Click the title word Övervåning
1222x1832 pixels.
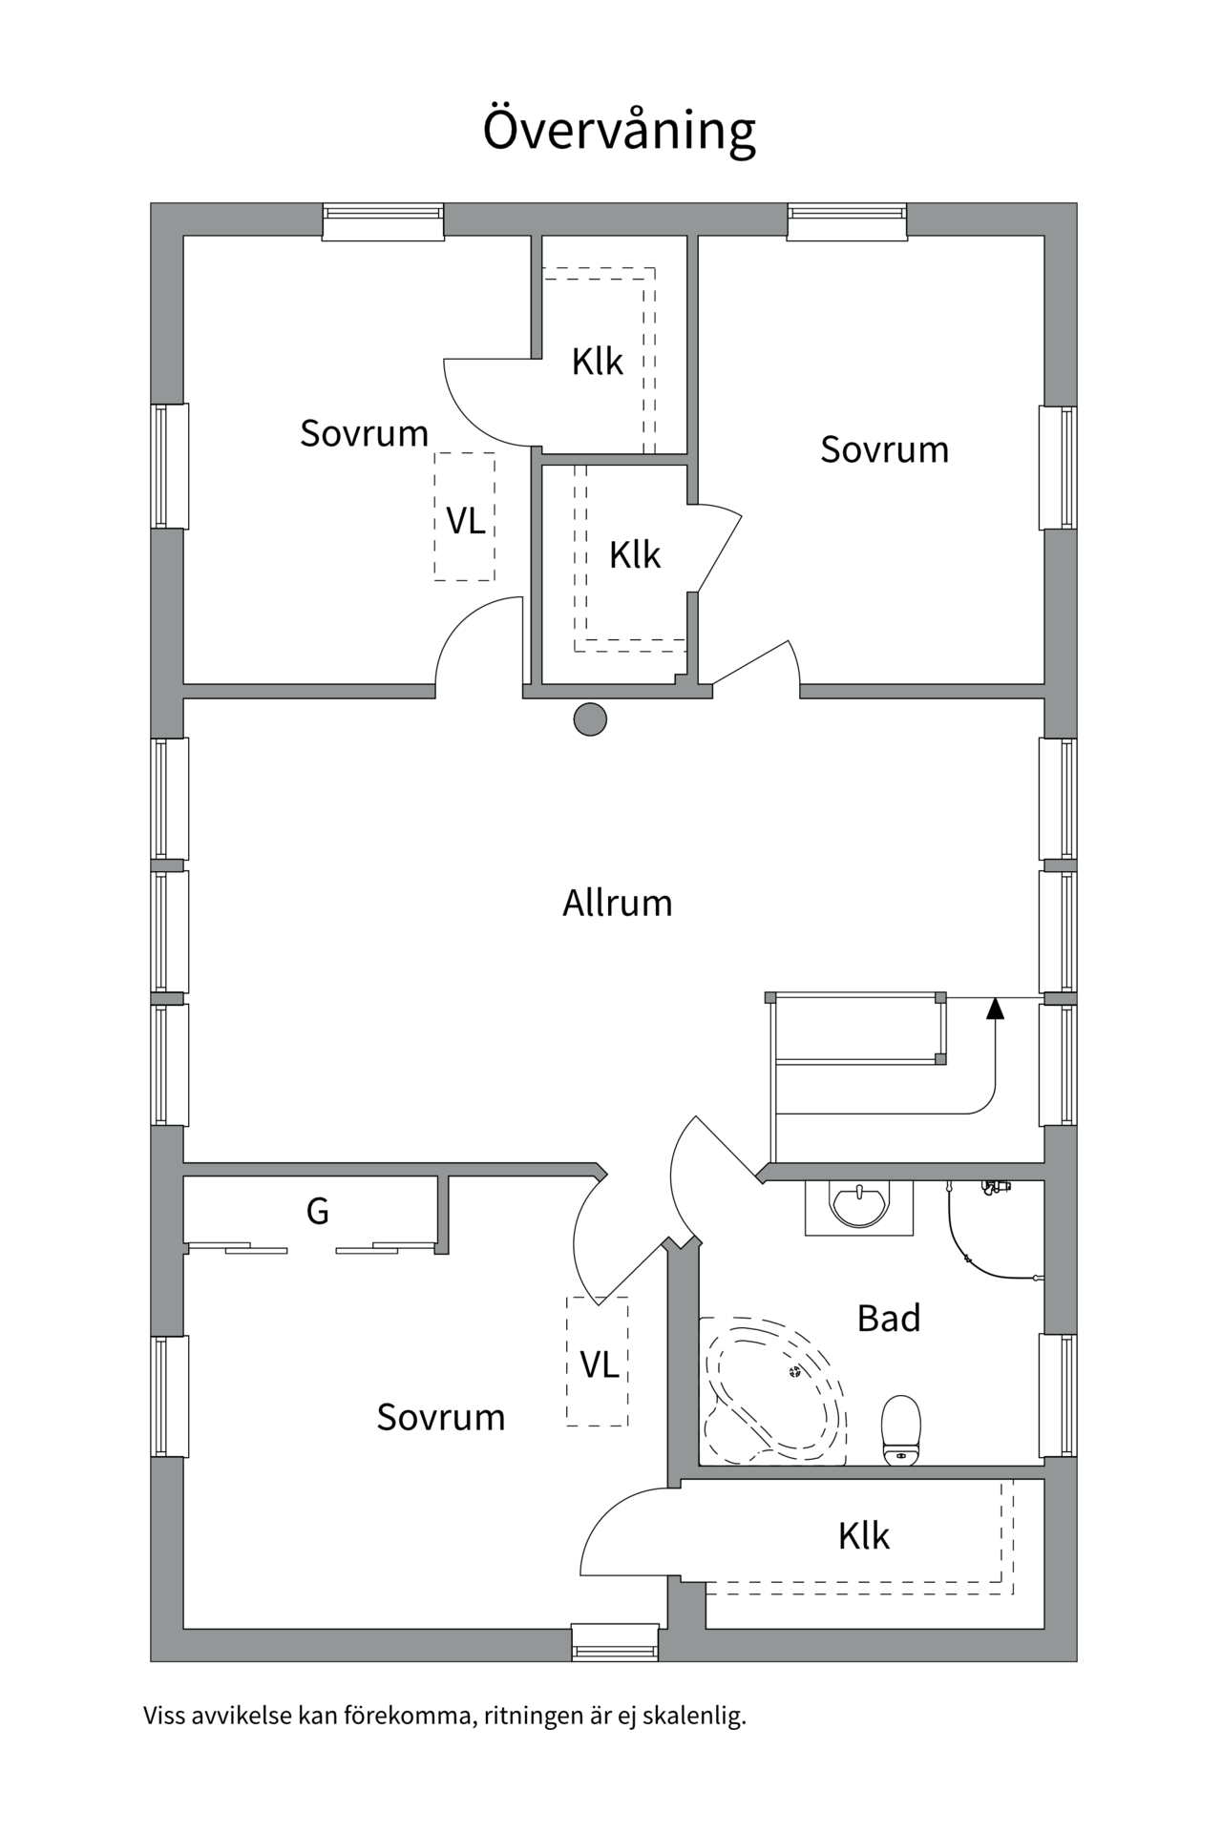619,130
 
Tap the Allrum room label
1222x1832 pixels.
617,903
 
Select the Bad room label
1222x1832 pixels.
888,1318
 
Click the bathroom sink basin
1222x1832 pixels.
859,1205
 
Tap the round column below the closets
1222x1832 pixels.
590,718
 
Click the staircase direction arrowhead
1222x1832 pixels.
995,1008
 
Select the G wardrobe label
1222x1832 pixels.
317,1211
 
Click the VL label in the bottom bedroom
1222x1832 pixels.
599,1364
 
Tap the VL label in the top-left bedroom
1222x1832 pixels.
465,520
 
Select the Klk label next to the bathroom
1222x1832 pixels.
863,1535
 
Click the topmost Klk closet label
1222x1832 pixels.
597,362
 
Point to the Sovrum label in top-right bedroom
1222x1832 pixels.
884,449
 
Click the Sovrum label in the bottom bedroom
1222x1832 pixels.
440,1417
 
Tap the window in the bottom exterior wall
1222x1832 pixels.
615,1641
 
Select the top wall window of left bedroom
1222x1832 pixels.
382,222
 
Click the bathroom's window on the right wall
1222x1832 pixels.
1058,1394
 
